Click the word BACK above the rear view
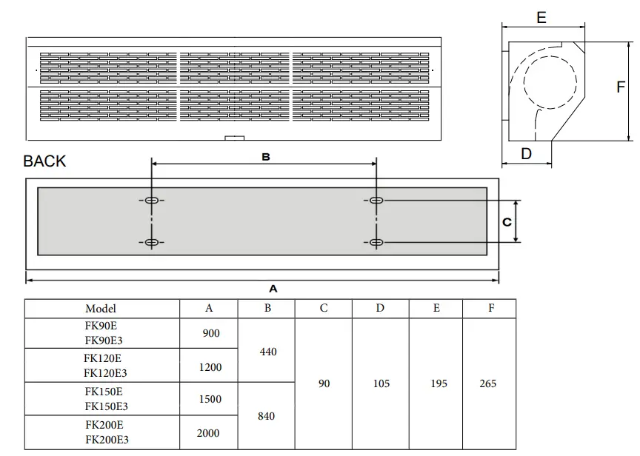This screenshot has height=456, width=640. [44, 161]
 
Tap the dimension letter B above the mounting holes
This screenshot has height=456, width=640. [265, 157]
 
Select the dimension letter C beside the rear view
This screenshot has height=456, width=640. [507, 221]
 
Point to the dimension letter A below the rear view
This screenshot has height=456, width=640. [273, 289]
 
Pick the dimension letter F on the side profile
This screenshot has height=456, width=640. [621, 87]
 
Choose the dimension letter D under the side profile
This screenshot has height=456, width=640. [527, 154]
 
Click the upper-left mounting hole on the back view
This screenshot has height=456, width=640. [151, 201]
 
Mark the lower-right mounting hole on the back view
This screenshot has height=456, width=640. [376, 243]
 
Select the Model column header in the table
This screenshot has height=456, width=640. [101, 309]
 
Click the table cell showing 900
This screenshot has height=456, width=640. [210, 334]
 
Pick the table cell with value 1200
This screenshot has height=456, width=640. [210, 367]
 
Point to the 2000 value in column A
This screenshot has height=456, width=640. [208, 433]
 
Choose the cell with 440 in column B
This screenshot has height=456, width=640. [268, 352]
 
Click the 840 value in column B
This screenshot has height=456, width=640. [266, 416]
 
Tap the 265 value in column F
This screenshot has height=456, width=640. [488, 383]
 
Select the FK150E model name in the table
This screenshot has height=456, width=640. [104, 392]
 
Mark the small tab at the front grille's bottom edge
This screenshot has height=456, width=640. [235, 137]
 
